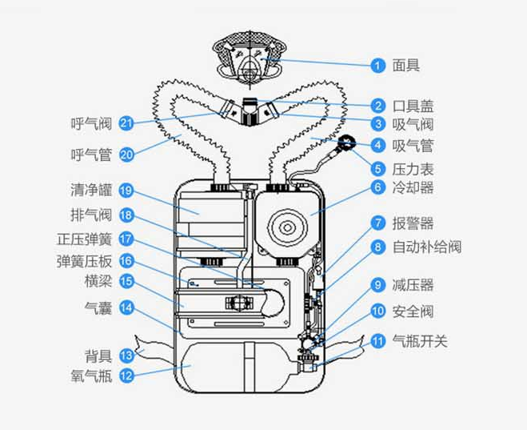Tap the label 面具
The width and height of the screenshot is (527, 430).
click(406, 65)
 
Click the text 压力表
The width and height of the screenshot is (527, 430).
click(413, 167)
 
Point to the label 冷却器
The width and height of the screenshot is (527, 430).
click(413, 188)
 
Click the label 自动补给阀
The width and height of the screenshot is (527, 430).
click(427, 247)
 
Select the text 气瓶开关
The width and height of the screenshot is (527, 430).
click(421, 340)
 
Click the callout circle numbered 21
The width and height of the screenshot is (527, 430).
click(126, 123)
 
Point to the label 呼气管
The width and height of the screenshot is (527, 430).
click(90, 154)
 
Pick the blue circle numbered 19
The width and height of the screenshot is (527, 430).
click(126, 191)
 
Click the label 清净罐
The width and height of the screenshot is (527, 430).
click(90, 191)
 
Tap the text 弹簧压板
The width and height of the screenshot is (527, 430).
click(84, 260)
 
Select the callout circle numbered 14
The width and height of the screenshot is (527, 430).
click(126, 306)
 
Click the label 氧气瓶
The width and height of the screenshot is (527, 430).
click(90, 374)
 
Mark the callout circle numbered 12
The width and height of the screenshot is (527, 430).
click(126, 374)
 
